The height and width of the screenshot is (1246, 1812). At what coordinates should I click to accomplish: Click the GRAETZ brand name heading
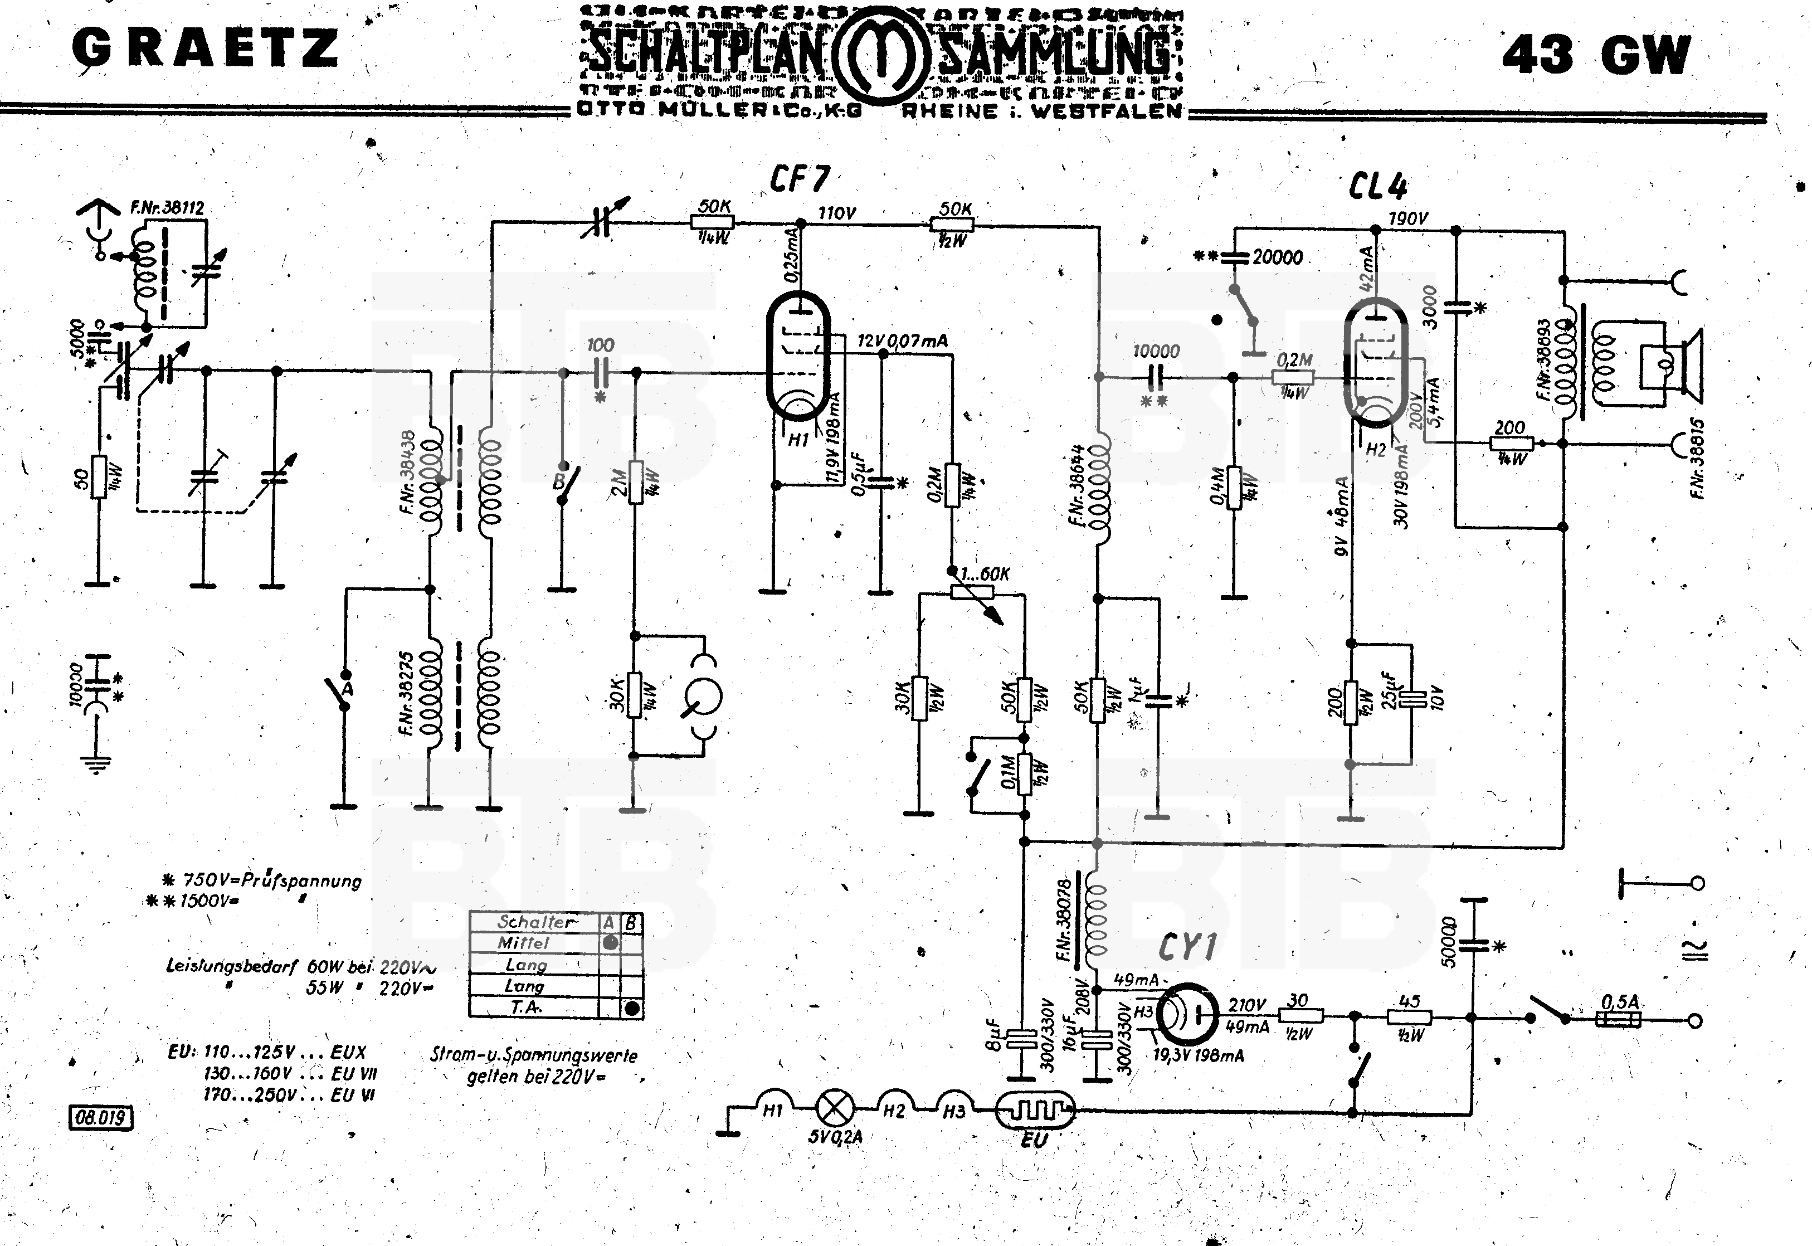click(205, 48)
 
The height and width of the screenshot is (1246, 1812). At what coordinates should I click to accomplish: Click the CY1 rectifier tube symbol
click(1186, 1014)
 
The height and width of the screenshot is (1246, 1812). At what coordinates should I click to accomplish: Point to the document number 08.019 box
click(101, 1118)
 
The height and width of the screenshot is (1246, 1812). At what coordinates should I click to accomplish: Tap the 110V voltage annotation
click(837, 212)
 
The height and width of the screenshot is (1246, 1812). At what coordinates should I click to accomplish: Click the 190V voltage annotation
click(1407, 218)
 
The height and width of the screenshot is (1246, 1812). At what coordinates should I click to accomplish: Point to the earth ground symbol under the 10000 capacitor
click(97, 763)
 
